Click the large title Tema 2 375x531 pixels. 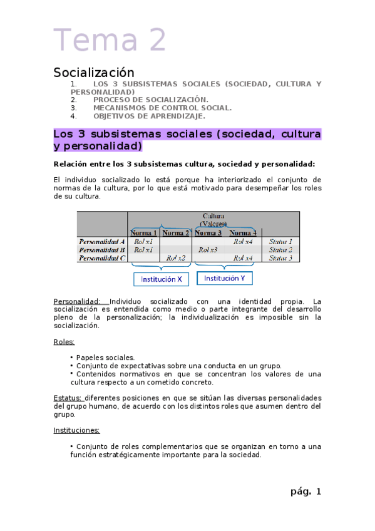(110, 40)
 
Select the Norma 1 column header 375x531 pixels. (144, 233)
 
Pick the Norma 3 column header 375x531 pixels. (209, 233)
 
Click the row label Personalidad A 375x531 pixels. (102, 241)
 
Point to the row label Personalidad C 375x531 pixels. (102, 257)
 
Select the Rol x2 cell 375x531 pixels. (176, 257)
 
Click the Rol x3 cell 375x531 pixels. (208, 249)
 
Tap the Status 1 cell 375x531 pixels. (280, 241)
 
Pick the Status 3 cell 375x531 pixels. (280, 257)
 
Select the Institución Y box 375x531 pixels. (225, 278)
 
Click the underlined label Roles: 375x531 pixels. (64, 342)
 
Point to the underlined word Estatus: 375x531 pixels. (68, 398)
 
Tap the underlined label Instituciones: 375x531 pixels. (76, 430)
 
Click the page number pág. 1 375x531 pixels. (306, 492)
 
